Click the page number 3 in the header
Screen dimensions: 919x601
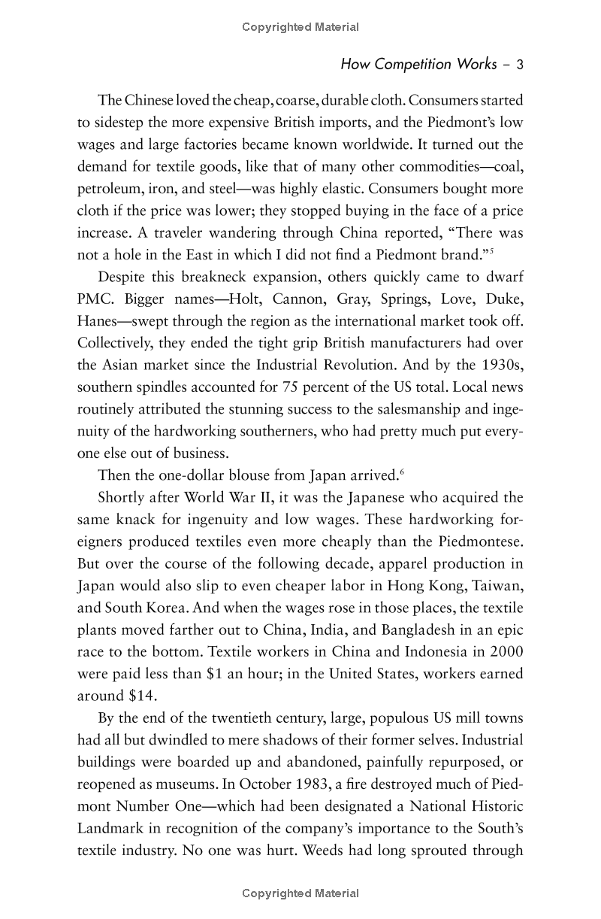coord(519,65)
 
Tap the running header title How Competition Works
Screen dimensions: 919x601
coord(418,65)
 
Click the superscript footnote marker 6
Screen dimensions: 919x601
coord(402,472)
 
